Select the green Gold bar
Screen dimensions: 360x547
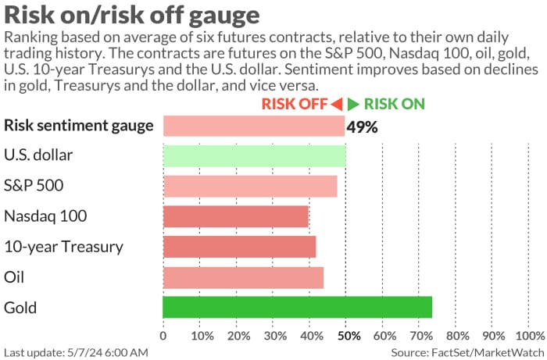point(297,307)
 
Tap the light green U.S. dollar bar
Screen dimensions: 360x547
point(254,155)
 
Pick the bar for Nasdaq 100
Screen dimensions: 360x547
point(236,216)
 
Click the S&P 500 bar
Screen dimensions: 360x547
point(250,186)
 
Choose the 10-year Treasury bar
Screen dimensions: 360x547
point(239,247)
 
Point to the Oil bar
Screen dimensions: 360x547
point(243,277)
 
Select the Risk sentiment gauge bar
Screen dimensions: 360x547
point(253,125)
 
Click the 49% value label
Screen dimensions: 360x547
point(363,127)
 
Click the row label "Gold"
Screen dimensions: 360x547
point(20,307)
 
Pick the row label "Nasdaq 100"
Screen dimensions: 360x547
point(45,216)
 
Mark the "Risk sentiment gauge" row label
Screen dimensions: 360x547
point(78,125)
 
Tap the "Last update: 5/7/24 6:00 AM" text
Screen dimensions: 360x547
point(75,352)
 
